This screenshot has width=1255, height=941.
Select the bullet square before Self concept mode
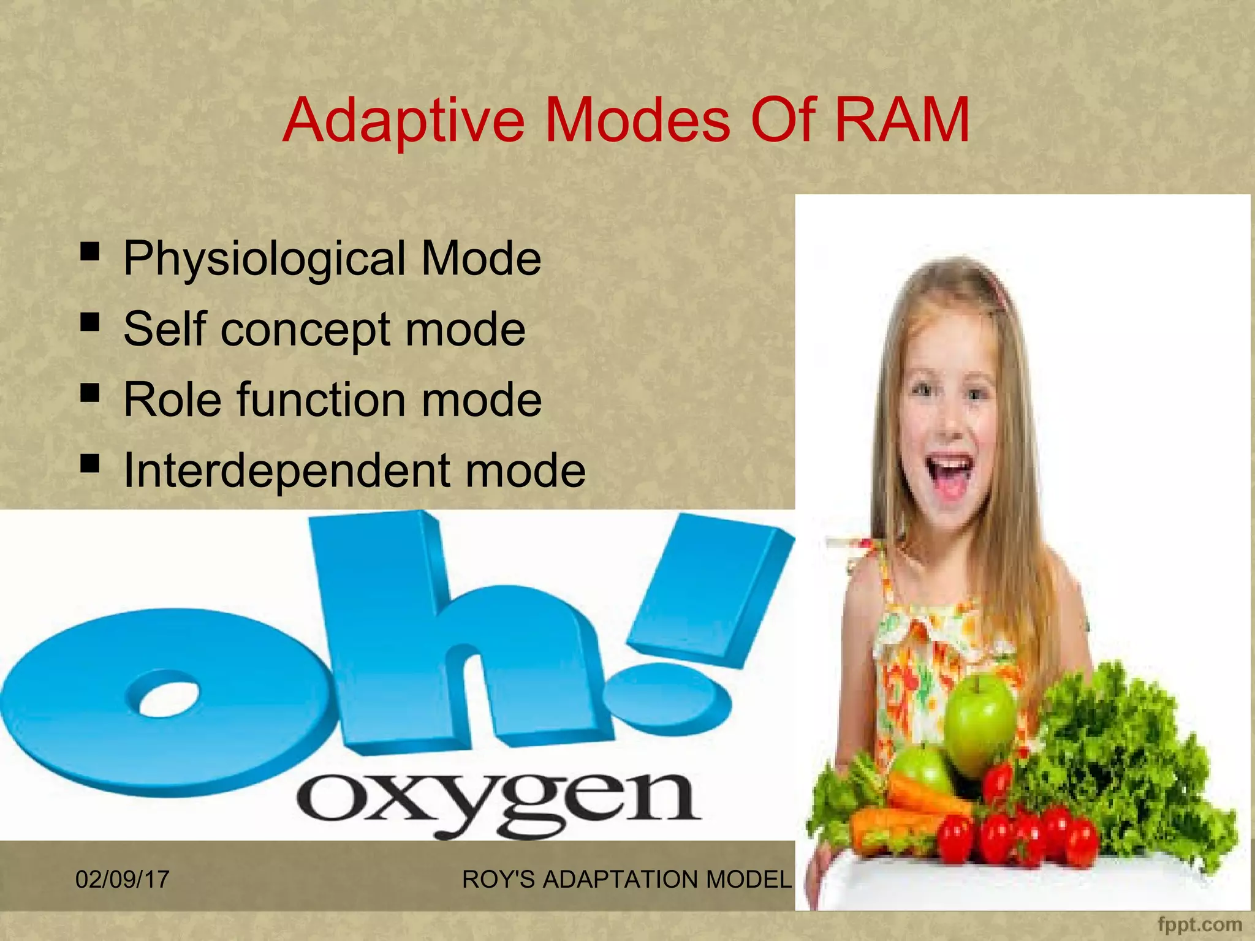[x=90, y=321]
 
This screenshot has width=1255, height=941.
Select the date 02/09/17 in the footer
[x=122, y=880]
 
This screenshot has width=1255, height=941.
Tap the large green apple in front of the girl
[x=979, y=723]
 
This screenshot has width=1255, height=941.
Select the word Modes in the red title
[x=637, y=120]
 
